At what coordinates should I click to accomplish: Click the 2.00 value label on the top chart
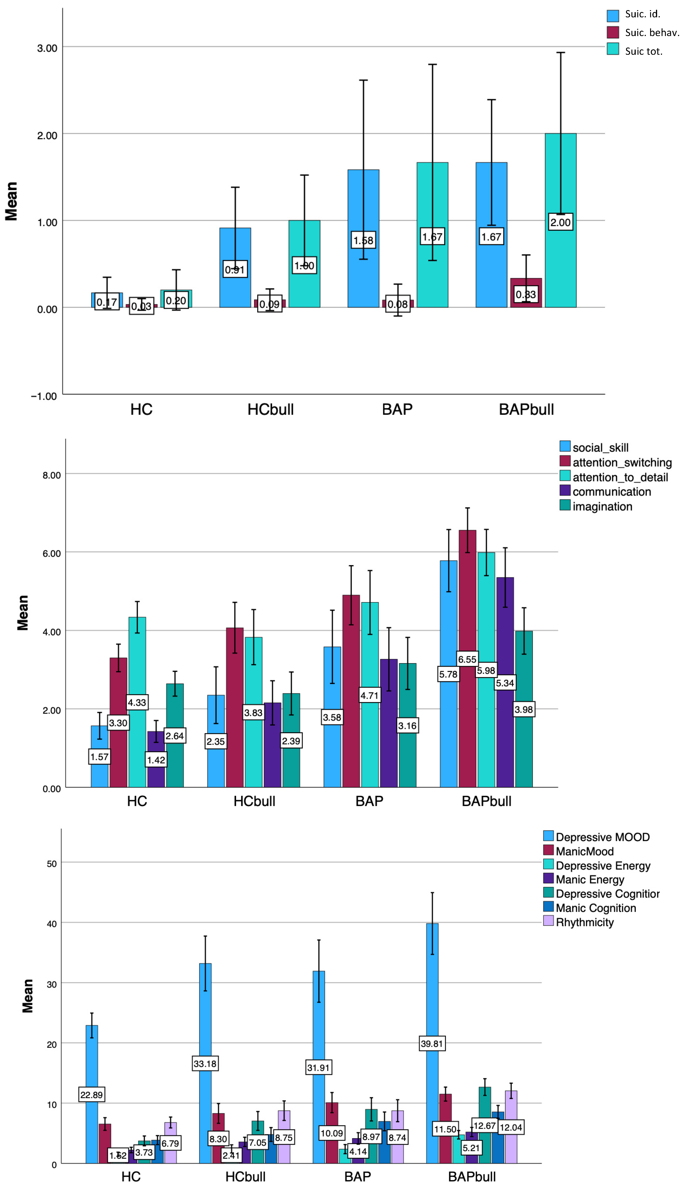(560, 222)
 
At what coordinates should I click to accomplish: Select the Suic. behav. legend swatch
(613, 32)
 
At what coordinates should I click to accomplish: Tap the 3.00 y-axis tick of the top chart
(47, 48)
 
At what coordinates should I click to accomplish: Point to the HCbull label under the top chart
(270, 409)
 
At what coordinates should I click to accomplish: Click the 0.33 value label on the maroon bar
(525, 295)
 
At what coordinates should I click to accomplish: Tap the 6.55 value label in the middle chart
(467, 659)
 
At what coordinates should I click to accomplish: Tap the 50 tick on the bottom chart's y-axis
(52, 864)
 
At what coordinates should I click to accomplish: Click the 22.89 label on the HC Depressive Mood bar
(91, 1094)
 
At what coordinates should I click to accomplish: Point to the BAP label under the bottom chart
(358, 1177)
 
